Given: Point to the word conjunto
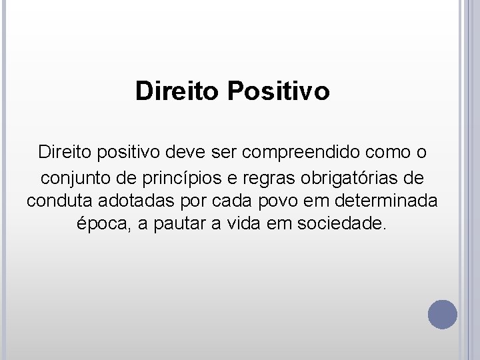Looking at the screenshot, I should pyautogui.click(x=71, y=178).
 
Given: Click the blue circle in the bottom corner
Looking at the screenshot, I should pyautogui.click(x=443, y=313).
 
